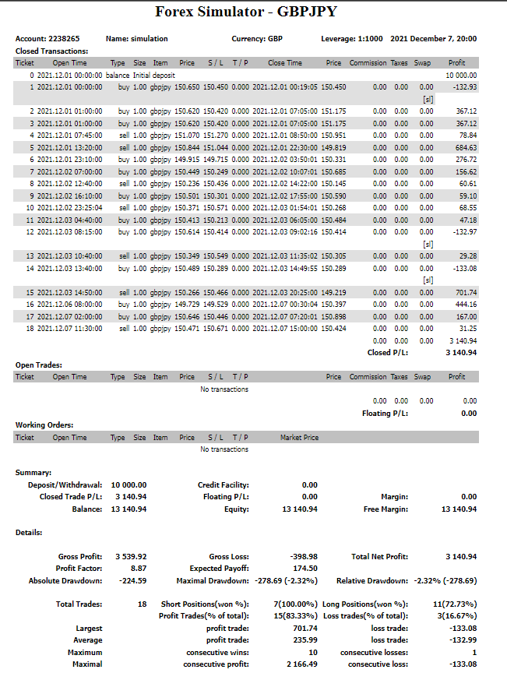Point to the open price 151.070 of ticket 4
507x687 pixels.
(x=187, y=136)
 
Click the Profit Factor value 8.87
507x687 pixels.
(x=137, y=568)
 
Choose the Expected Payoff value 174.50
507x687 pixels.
(x=304, y=568)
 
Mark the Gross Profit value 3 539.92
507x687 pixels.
(x=130, y=556)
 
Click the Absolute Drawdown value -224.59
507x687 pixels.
(x=131, y=580)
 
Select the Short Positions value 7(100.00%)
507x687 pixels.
(x=295, y=604)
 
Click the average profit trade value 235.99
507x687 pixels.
(x=304, y=639)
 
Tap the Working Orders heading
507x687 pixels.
(x=44, y=425)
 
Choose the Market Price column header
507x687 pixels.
(x=299, y=437)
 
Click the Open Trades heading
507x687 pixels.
(x=38, y=364)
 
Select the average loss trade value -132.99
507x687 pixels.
(x=463, y=639)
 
